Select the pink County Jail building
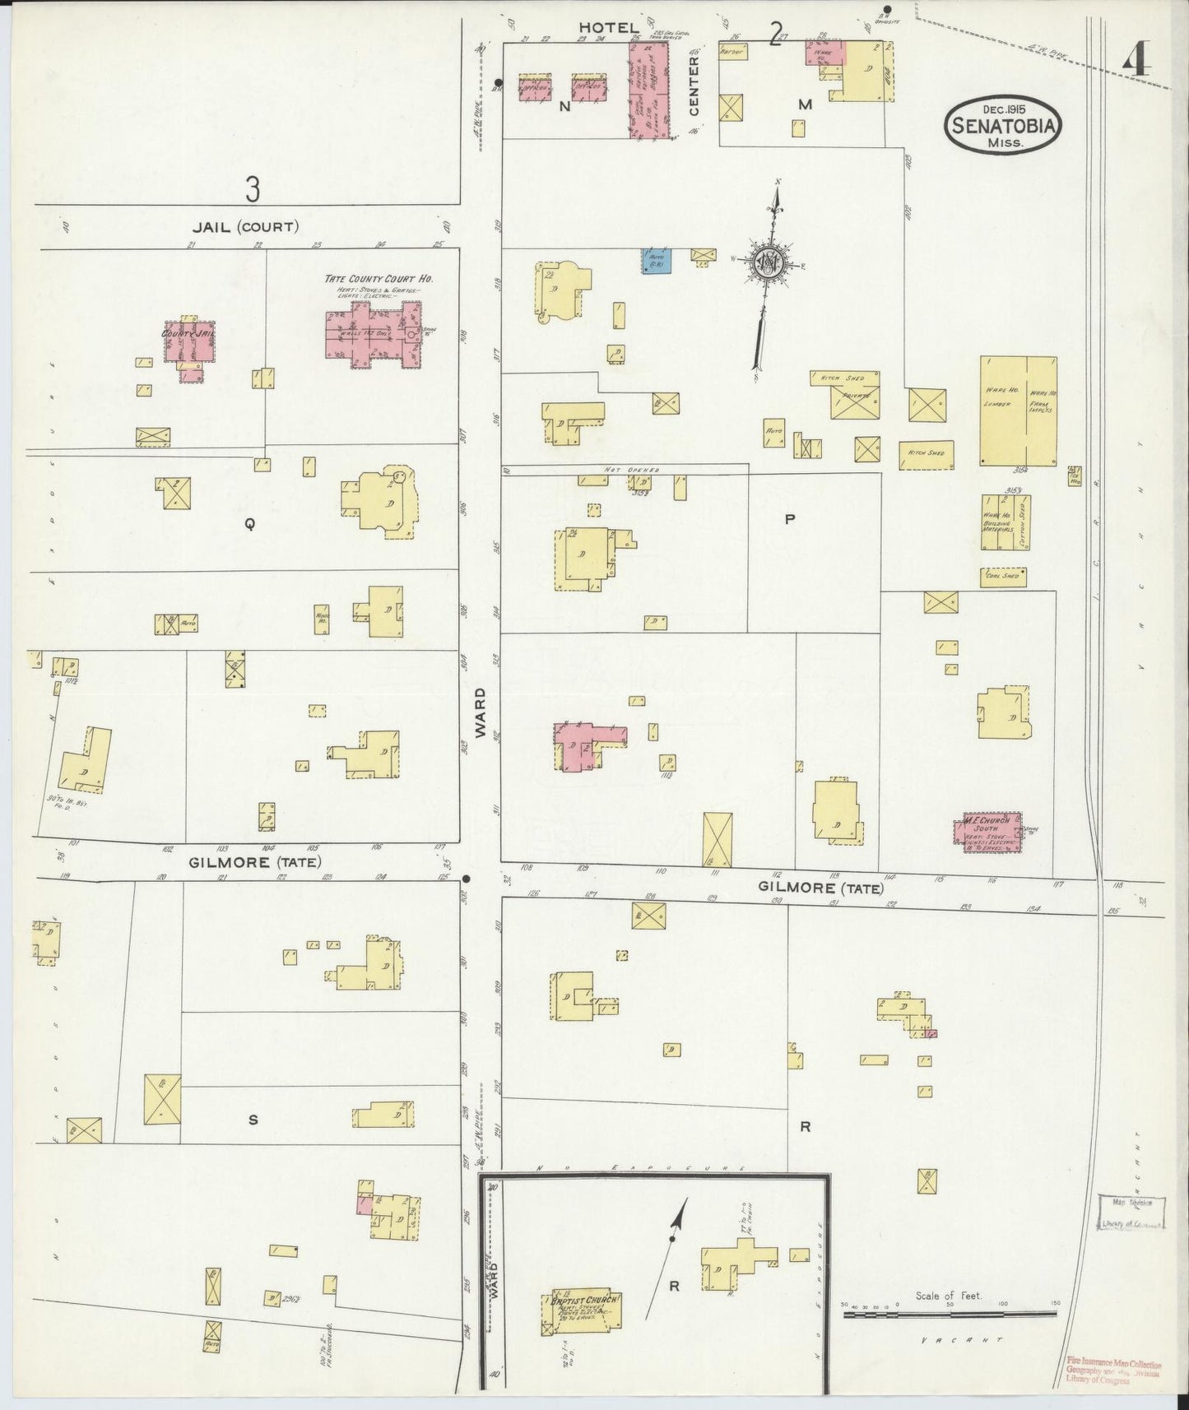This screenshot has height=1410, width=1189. pos(191,346)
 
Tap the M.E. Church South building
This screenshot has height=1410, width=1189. pos(992,829)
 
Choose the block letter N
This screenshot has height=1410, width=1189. pos(564,106)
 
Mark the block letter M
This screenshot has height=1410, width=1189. pos(805,104)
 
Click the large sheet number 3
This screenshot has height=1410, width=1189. pos(252,189)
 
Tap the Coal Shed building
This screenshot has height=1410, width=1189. pos(1002,577)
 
